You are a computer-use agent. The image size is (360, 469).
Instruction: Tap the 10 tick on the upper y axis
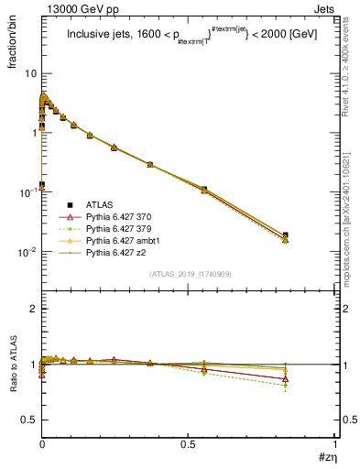pos(28,72)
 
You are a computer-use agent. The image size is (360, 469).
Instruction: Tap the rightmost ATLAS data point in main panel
pos(285,235)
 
